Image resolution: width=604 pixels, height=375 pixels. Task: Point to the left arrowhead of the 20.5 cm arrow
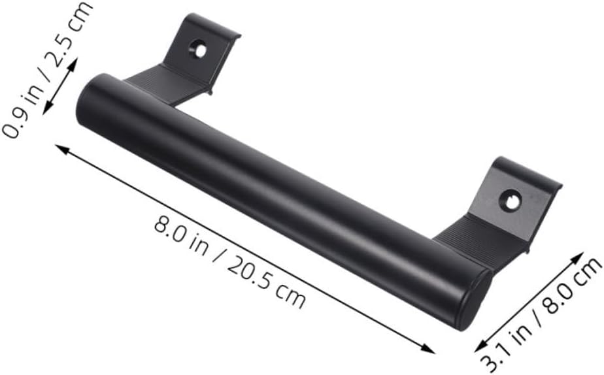pos(61,148)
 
